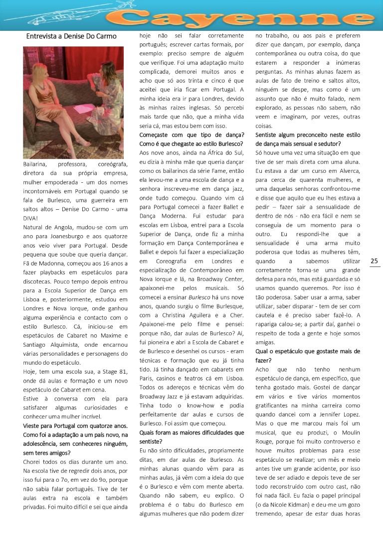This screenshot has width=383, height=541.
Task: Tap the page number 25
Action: [x=375, y=261]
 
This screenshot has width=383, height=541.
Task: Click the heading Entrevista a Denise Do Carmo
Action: [x=71, y=36]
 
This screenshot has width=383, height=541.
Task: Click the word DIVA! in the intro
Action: [x=31, y=218]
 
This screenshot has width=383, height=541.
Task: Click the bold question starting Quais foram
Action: [x=192, y=432]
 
